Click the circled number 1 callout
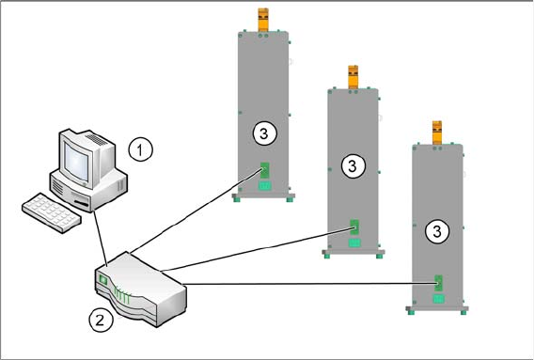click(141, 149)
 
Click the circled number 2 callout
click(100, 321)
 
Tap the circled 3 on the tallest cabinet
click(265, 133)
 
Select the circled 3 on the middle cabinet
click(353, 166)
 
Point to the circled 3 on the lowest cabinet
click(437, 231)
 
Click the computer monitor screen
click(77, 162)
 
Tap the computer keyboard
click(52, 212)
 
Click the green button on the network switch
click(102, 280)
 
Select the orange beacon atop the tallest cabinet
click(263, 20)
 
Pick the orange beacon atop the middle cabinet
click(353, 77)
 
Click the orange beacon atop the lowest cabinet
click(437, 133)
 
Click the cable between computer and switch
click(100, 238)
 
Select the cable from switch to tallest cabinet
click(196, 211)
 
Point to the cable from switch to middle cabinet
click(258, 249)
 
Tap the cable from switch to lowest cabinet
click(310, 283)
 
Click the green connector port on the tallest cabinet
click(264, 170)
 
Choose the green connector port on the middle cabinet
click(354, 227)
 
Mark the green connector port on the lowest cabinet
click(439, 283)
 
